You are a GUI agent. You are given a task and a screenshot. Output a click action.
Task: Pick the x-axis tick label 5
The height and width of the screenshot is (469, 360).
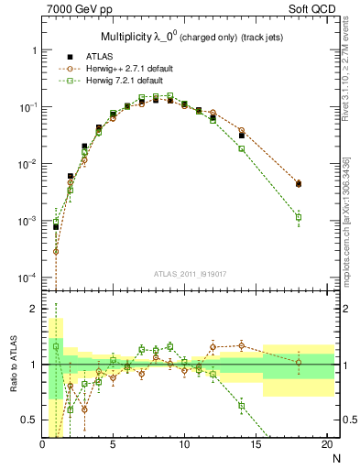113,446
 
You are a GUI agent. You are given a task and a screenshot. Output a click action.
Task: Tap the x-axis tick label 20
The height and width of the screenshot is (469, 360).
326,446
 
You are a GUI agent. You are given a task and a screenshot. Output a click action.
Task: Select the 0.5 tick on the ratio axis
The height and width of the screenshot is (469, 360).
29,420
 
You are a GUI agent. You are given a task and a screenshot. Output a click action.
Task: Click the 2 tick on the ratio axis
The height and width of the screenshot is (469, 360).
34,309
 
